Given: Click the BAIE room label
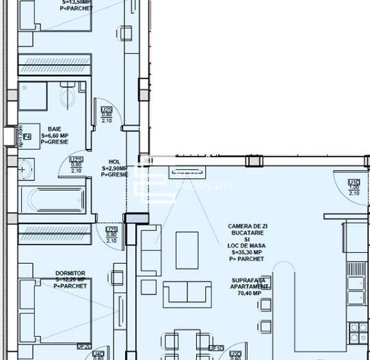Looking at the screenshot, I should click(53, 128).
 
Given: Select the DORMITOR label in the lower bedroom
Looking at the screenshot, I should click(70, 273).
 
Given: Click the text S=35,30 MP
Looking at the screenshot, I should click(248, 252).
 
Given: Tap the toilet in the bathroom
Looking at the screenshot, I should click(69, 96).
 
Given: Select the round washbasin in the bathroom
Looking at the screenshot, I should click(25, 167).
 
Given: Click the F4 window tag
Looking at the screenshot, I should click(27, 137).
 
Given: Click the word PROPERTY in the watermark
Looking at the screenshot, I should click(198, 186).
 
